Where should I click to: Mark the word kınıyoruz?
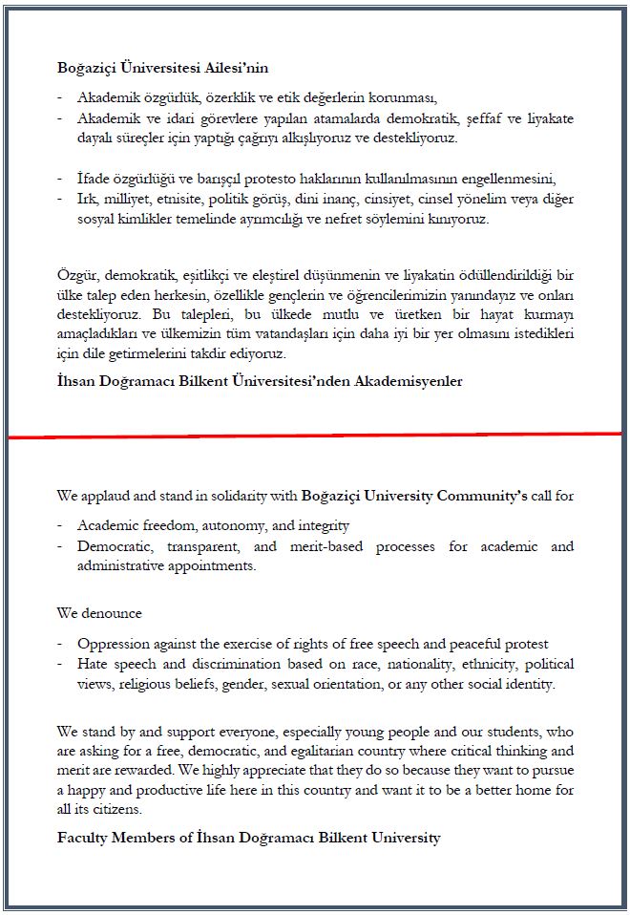click(x=460, y=219)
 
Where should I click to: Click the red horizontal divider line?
click(x=315, y=435)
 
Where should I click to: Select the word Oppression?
click(x=112, y=643)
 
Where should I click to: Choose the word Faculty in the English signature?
click(x=83, y=838)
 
